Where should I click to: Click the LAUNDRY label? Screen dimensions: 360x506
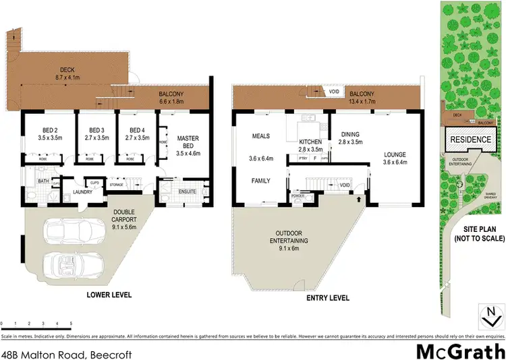click(82, 192)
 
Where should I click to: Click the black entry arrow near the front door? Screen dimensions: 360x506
click(358, 200)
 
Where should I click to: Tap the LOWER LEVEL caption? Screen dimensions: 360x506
click(109, 295)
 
